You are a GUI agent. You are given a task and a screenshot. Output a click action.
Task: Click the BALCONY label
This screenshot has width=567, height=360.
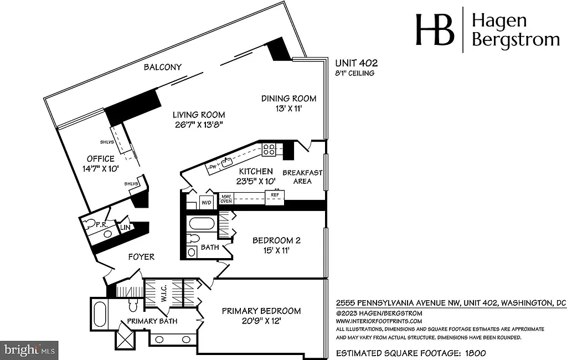[x=163, y=67]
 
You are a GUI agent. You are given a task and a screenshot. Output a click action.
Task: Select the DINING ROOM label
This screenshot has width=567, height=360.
[x=289, y=99]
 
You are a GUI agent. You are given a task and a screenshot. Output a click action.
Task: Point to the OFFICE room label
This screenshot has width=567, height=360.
[x=101, y=159]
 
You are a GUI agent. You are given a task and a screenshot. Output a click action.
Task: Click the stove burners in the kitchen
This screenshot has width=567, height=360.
[x=269, y=148]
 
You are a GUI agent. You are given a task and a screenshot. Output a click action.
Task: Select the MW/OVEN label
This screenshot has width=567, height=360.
[x=226, y=198]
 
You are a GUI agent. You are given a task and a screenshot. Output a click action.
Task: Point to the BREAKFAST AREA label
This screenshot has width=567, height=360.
[x=302, y=177]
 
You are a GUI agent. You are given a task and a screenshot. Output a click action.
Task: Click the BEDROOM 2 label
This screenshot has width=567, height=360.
[x=276, y=240]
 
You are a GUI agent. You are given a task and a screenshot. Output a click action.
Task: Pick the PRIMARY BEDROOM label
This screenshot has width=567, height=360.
[x=261, y=311]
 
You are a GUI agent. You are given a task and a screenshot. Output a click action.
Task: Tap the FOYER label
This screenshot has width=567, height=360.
[x=141, y=257]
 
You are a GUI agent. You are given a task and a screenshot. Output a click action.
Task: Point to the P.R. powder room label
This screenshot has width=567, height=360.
[x=101, y=225]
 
